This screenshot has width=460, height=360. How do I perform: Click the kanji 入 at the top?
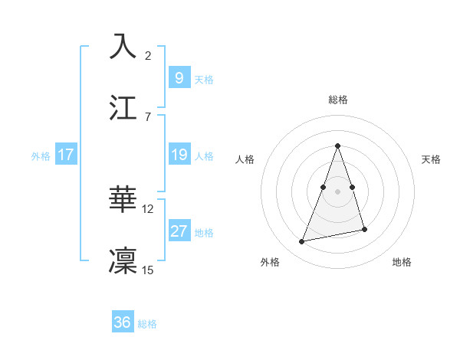click(123, 47)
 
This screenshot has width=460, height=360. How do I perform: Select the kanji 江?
click(123, 106)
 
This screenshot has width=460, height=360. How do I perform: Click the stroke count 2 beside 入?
click(148, 56)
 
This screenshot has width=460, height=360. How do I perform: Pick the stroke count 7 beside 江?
click(148, 116)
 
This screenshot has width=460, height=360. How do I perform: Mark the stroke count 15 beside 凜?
click(148, 270)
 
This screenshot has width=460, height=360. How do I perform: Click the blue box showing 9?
click(179, 78)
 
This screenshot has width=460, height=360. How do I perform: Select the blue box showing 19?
click(179, 155)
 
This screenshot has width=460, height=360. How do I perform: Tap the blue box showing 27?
click(179, 231)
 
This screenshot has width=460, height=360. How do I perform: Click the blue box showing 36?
click(123, 322)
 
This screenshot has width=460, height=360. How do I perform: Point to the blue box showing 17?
click(66, 155)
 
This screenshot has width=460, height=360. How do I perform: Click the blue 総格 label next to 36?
click(147, 324)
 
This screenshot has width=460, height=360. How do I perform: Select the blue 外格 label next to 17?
click(41, 155)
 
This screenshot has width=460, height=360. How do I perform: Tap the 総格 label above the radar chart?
click(337, 100)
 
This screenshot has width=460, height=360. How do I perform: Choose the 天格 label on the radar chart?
click(432, 159)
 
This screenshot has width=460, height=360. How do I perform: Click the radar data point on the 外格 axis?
click(302, 242)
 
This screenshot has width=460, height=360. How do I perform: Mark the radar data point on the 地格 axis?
click(364, 230)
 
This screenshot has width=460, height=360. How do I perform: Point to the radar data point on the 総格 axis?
click(337, 146)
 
